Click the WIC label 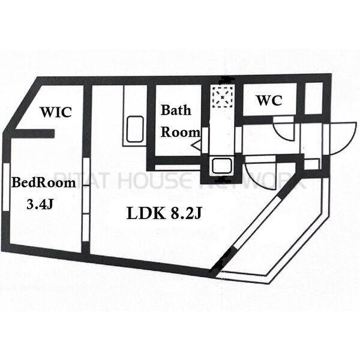tap(56, 112)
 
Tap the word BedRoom tap(44, 183)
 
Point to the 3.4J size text tap(40, 204)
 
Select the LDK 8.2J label tap(164, 213)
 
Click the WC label tap(269, 100)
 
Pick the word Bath tap(176, 110)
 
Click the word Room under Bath tap(180, 132)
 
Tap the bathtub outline tap(135, 129)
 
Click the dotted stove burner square tap(223, 97)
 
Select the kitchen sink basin tap(221, 166)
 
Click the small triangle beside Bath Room tap(196, 146)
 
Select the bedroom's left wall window tap(6, 187)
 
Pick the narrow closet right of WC tap(314, 98)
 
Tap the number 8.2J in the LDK tap(186, 213)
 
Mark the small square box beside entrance tap(311, 164)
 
